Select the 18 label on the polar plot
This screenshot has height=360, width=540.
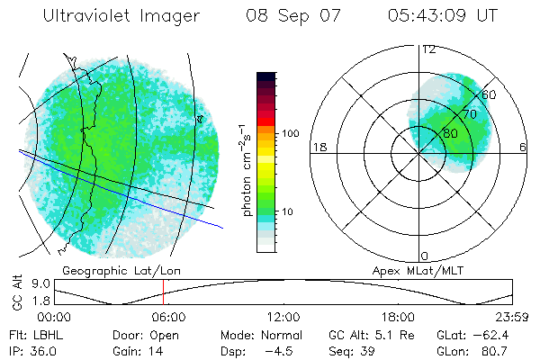click(318, 147)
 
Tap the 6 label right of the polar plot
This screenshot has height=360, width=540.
click(523, 147)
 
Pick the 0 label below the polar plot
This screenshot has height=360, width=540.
click(425, 256)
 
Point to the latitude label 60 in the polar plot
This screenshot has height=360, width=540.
click(490, 94)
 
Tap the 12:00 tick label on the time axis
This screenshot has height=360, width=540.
click(283, 317)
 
